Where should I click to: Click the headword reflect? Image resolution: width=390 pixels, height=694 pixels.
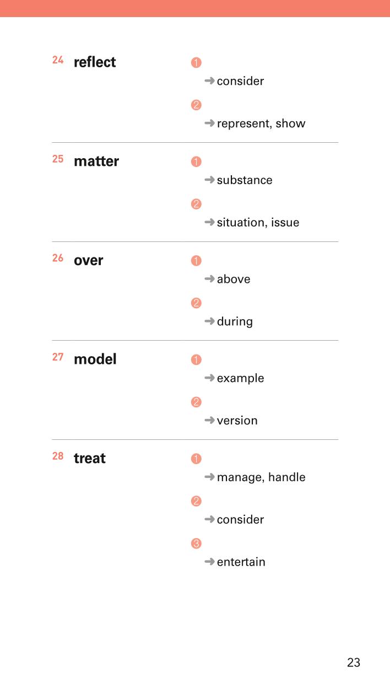[x=95, y=62]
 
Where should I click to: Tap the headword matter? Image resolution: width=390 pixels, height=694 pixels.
[x=96, y=161]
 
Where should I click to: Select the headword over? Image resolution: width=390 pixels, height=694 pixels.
[x=89, y=261]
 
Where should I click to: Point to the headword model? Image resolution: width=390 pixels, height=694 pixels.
[x=95, y=359]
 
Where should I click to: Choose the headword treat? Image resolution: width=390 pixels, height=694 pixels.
[x=89, y=458]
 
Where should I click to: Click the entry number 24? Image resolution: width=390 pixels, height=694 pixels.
[x=58, y=60]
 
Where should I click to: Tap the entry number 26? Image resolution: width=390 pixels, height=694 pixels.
[x=58, y=258]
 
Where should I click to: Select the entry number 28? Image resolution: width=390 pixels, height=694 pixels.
[x=58, y=456]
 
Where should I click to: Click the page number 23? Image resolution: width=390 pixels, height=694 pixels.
[x=354, y=663]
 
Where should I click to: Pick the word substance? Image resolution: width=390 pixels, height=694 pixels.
[x=245, y=180]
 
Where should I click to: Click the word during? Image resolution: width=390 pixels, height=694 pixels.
[x=235, y=321]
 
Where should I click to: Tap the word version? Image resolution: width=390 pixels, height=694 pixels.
[x=237, y=421]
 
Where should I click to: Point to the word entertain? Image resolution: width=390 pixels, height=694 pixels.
[x=241, y=562]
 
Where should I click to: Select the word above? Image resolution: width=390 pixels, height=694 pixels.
[x=234, y=279]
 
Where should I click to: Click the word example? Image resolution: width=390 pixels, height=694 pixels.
[x=241, y=378]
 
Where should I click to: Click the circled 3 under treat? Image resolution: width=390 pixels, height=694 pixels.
[x=196, y=543]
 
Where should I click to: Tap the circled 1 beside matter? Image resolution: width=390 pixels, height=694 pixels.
[x=196, y=162]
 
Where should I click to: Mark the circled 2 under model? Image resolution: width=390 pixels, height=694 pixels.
[x=196, y=402]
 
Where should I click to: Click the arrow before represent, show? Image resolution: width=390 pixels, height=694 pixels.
[x=209, y=123]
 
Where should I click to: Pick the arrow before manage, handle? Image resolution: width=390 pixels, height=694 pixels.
[x=209, y=477]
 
